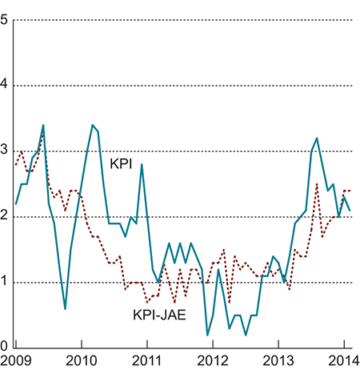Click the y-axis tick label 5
6,20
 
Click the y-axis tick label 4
6,86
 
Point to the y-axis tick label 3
6,151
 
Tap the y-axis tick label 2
6,217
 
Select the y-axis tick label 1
6,282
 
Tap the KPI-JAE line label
160,315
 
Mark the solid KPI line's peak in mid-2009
43,125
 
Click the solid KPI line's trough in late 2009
65,308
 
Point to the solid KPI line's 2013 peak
317,138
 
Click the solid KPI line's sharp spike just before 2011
142,164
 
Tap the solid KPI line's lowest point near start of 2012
208,335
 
